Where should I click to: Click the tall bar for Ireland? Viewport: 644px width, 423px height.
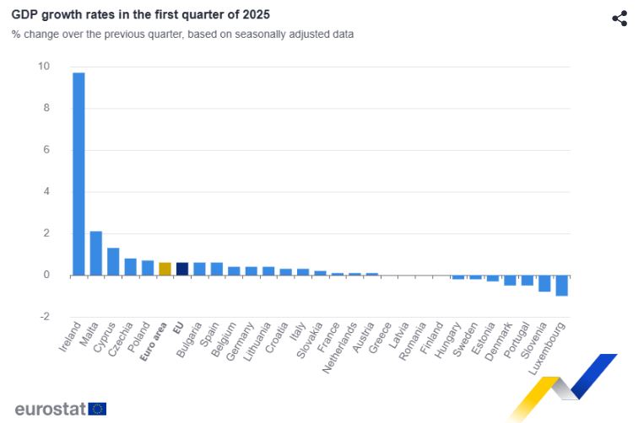(78, 174)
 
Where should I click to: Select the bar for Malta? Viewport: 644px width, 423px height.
(96, 253)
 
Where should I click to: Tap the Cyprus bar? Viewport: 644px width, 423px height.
(113, 261)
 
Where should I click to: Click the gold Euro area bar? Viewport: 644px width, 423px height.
(165, 269)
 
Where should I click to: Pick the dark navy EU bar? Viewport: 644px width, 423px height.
(182, 269)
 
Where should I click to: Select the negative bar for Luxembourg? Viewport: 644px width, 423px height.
(561, 285)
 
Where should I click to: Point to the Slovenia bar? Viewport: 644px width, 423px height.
(544, 283)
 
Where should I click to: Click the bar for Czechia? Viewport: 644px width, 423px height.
(130, 266)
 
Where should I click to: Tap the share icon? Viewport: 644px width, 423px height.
(620, 19)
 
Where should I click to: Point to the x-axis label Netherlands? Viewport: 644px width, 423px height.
(338, 346)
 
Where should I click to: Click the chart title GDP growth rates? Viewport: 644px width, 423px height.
(140, 15)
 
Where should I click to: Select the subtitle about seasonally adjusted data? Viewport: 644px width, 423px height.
(182, 35)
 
